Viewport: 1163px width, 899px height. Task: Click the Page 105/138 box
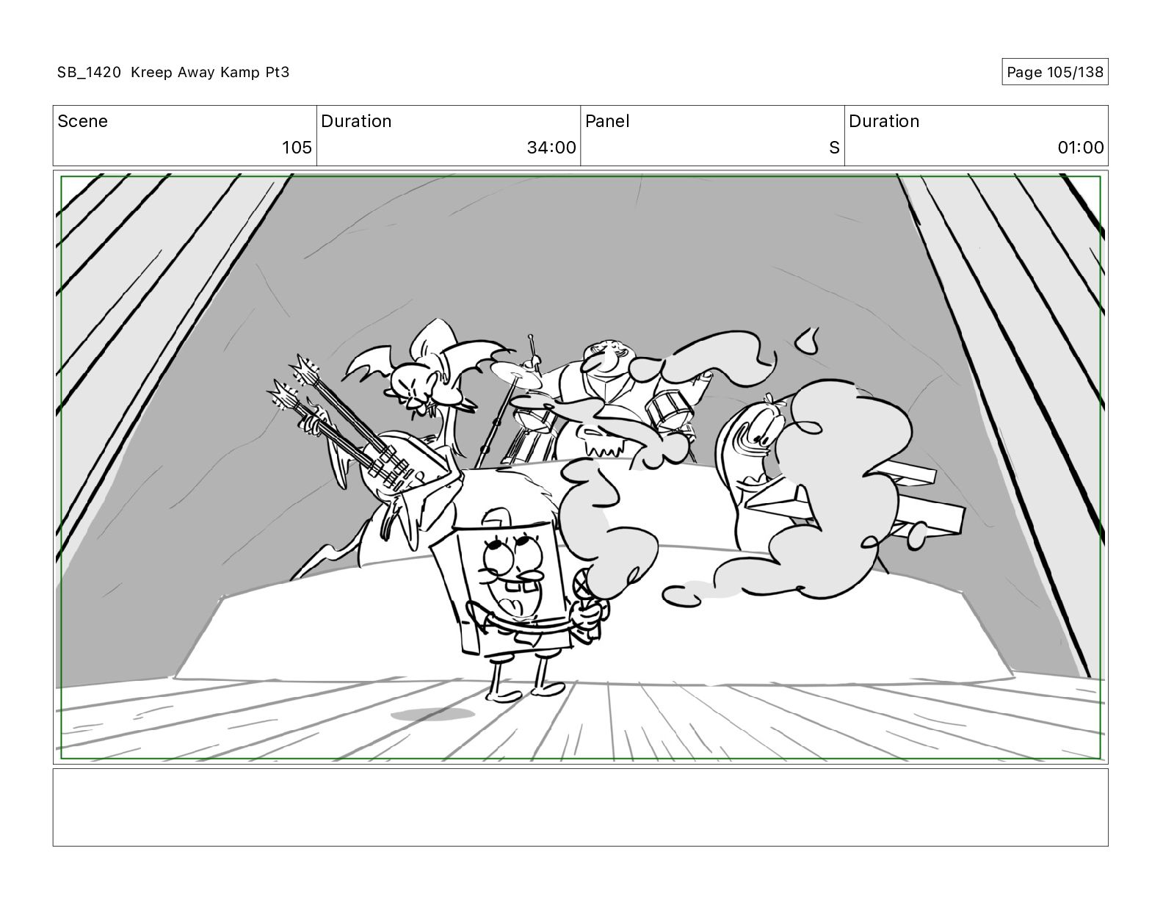point(1054,72)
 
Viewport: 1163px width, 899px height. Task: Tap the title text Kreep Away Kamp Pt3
point(210,72)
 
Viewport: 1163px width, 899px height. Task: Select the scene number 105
point(297,147)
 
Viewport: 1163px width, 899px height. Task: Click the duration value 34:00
point(551,147)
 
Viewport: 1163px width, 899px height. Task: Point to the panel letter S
point(834,147)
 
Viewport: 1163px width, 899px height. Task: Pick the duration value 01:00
point(1080,147)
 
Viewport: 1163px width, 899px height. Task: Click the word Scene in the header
point(82,121)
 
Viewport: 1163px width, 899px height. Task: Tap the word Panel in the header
point(607,121)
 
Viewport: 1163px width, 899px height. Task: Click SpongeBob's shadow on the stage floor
point(432,714)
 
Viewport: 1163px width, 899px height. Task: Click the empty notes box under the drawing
point(581,807)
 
